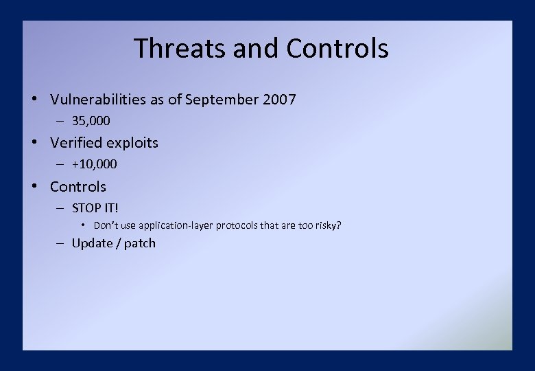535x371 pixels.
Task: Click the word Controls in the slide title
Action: coord(337,49)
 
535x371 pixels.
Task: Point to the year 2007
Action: coord(279,100)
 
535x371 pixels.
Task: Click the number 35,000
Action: coord(91,121)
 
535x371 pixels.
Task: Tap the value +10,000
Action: coord(94,164)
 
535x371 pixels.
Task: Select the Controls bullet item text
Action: coord(78,187)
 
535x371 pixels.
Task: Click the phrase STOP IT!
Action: coord(95,207)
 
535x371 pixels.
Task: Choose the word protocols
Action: coord(238,226)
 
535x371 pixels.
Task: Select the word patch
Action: coord(140,243)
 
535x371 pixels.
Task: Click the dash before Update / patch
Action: coord(60,243)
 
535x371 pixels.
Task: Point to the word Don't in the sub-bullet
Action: coord(106,226)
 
